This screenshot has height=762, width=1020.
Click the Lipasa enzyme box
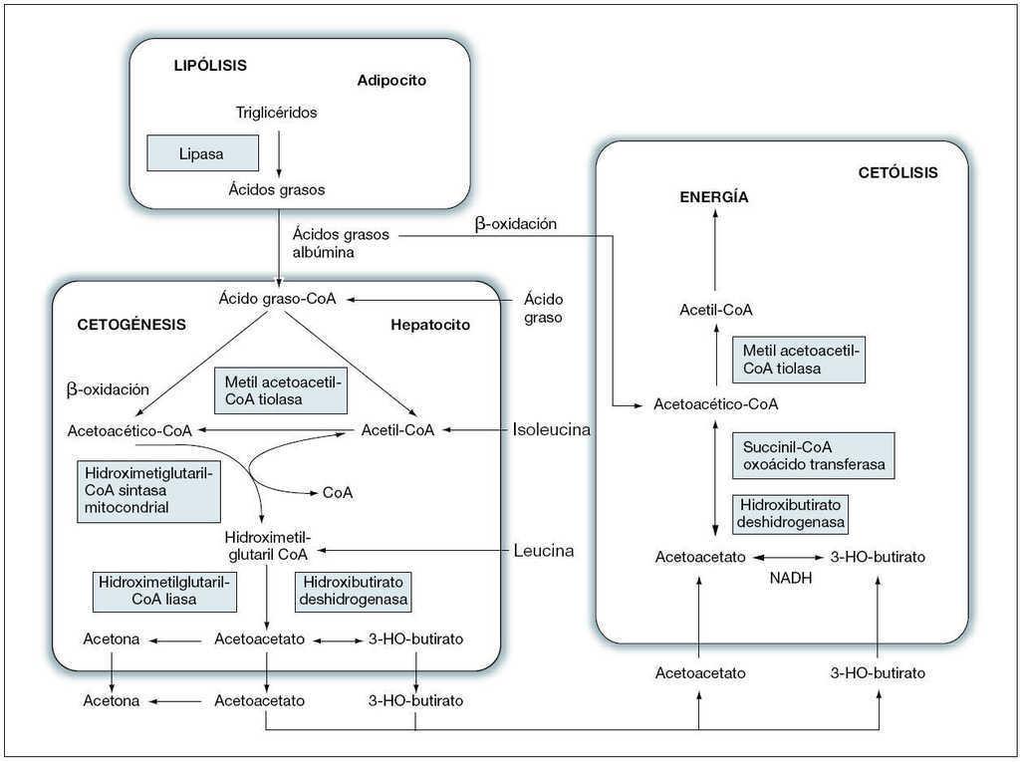[203, 153]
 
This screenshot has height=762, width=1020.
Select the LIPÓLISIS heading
[210, 66]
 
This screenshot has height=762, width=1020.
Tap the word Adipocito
[391, 81]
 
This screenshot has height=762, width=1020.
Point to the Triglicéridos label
[276, 113]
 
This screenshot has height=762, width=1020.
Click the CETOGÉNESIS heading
[131, 325]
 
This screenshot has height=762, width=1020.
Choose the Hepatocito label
[429, 325]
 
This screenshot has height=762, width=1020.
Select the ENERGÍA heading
[714, 197]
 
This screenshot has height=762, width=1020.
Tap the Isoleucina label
[552, 430]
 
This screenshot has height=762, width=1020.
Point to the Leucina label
[544, 550]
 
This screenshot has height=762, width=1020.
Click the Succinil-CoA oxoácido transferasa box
[813, 455]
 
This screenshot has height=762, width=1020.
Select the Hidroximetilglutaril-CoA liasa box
[164, 591]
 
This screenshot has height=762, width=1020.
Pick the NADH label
[790, 577]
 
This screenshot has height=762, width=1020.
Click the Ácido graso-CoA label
[277, 299]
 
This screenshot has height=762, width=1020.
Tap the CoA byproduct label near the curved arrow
[338, 492]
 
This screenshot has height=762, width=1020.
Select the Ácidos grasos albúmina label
[341, 243]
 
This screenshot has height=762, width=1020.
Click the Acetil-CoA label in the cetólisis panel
[715, 310]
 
